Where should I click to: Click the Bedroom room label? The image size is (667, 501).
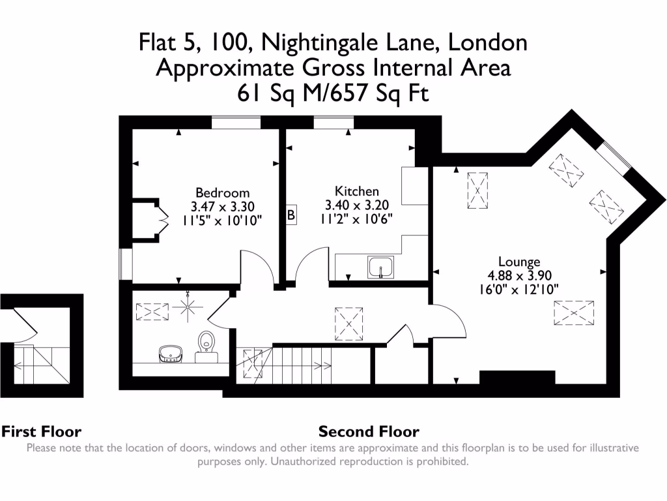click(222, 193)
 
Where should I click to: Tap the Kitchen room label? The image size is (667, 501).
click(356, 191)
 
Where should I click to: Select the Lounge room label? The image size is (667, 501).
click(519, 262)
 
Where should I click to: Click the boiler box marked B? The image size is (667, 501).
click(291, 215)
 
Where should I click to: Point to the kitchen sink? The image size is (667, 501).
click(380, 267)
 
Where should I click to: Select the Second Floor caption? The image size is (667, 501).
click(369, 431)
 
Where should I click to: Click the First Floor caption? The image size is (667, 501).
click(41, 431)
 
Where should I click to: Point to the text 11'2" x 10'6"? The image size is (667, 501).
click(356, 217)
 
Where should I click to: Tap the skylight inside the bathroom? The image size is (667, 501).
click(151, 312)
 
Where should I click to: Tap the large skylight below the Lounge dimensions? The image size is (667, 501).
click(573, 313)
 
